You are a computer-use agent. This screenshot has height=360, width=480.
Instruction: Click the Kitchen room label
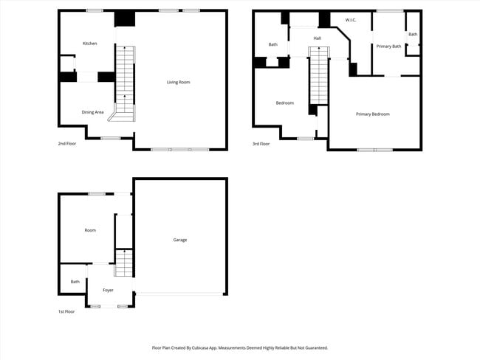tap(89, 44)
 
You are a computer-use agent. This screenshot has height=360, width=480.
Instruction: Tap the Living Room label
tap(178, 82)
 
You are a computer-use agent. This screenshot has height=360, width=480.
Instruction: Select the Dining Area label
tap(92, 112)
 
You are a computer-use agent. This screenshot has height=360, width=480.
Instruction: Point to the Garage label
tap(179, 240)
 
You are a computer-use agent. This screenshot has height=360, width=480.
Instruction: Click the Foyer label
tap(108, 290)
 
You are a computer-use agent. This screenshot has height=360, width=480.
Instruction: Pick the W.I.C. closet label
tap(350, 20)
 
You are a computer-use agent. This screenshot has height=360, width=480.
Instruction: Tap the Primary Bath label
tap(388, 46)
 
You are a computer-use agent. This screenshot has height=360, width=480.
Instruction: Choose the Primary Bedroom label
tap(372, 114)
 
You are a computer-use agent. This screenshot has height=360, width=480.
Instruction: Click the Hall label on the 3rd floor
tap(317, 38)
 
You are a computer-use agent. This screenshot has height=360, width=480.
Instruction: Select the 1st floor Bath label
tap(75, 281)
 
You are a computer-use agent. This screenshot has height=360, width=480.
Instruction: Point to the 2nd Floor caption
tap(66, 144)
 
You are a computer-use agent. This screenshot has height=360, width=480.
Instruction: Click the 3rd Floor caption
tap(261, 144)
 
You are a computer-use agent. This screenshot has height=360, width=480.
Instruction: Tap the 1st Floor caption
tap(66, 312)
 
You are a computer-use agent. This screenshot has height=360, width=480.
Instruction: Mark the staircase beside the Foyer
tap(123, 263)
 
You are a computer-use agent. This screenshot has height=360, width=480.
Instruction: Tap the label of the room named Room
tap(90, 230)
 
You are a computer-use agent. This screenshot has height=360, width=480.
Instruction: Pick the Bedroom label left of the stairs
tap(284, 103)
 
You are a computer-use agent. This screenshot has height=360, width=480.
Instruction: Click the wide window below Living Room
tap(179, 150)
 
